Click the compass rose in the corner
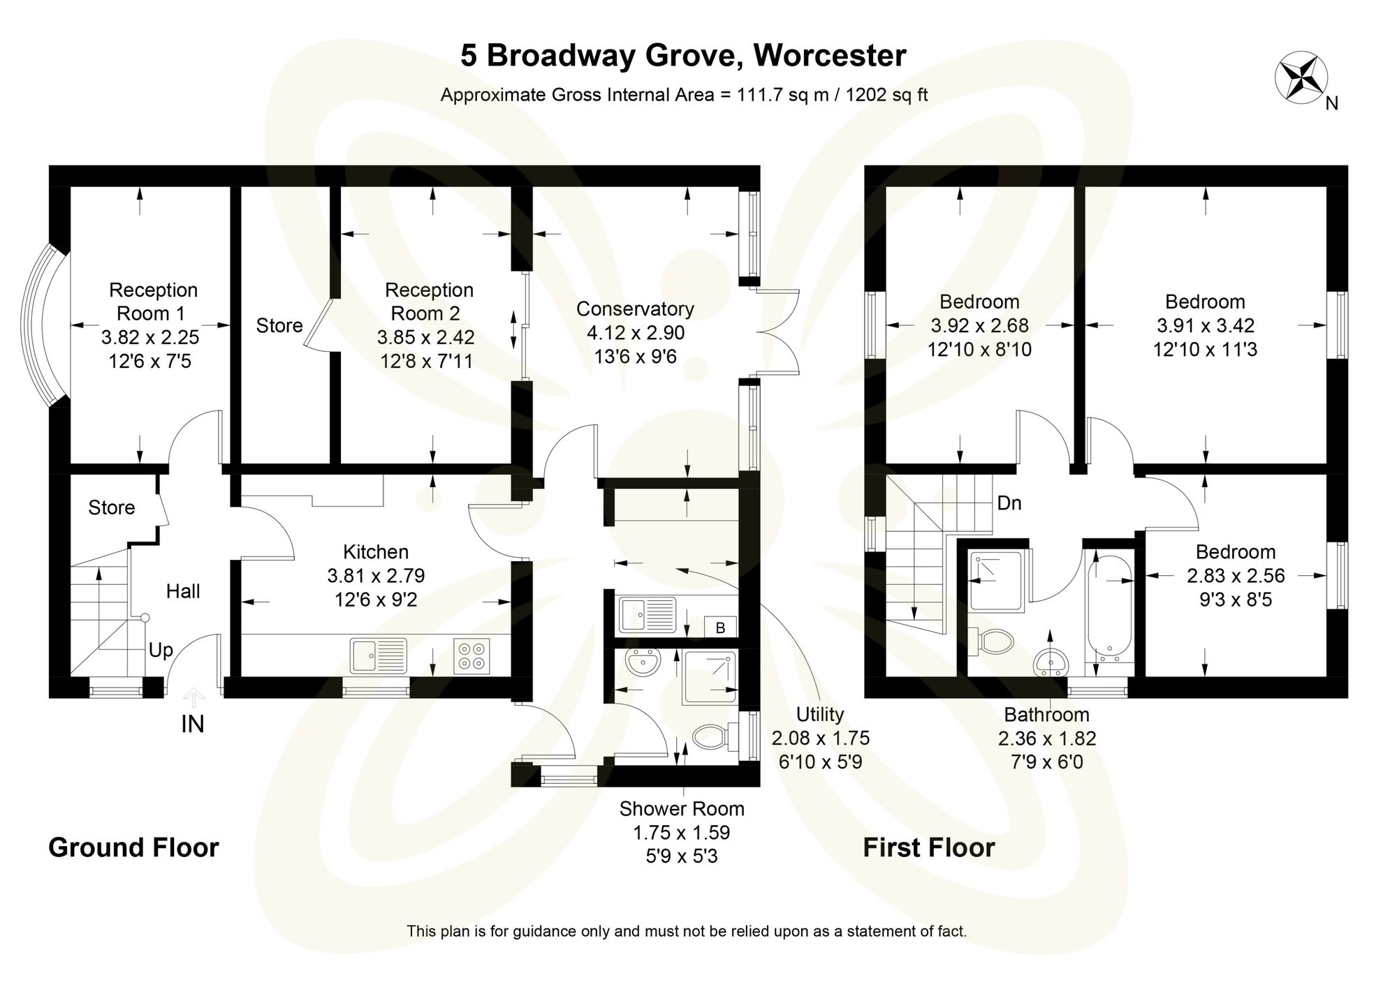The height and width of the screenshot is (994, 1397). (x=1301, y=78)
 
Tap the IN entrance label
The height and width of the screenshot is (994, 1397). (x=193, y=725)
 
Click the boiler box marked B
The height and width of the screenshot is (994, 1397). (x=720, y=627)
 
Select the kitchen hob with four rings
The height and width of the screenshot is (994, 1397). (x=472, y=656)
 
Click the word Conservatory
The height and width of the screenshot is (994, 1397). (x=635, y=309)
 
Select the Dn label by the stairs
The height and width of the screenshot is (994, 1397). (x=1009, y=503)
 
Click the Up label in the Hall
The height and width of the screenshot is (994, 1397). (x=161, y=651)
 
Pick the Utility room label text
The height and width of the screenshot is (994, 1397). (x=820, y=714)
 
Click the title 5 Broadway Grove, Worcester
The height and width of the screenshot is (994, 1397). (x=683, y=56)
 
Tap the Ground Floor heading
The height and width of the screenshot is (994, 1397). (x=133, y=847)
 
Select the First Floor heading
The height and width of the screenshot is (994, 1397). (x=928, y=847)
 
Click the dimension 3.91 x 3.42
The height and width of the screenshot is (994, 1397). (x=1205, y=325)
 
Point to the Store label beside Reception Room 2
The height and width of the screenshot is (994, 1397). (x=279, y=325)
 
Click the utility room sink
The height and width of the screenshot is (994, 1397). (x=647, y=614)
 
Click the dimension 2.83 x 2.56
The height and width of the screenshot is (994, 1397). (x=1235, y=575)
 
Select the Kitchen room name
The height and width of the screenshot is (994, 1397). (x=376, y=551)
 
